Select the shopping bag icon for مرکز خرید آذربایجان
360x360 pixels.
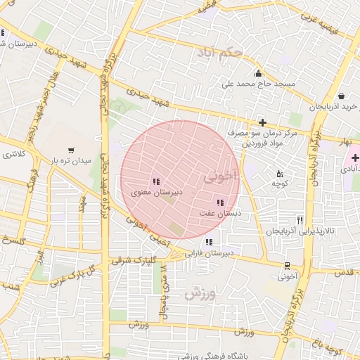coord(341,96)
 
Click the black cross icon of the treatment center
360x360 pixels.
coord(262,122)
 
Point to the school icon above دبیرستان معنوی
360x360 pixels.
coord(156,181)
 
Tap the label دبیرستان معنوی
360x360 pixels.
coord(157,191)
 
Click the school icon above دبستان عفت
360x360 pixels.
coord(221,202)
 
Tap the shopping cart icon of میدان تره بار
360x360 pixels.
coord(71,150)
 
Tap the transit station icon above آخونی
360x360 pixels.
coord(287,266)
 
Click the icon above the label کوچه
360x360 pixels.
coord(280,174)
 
